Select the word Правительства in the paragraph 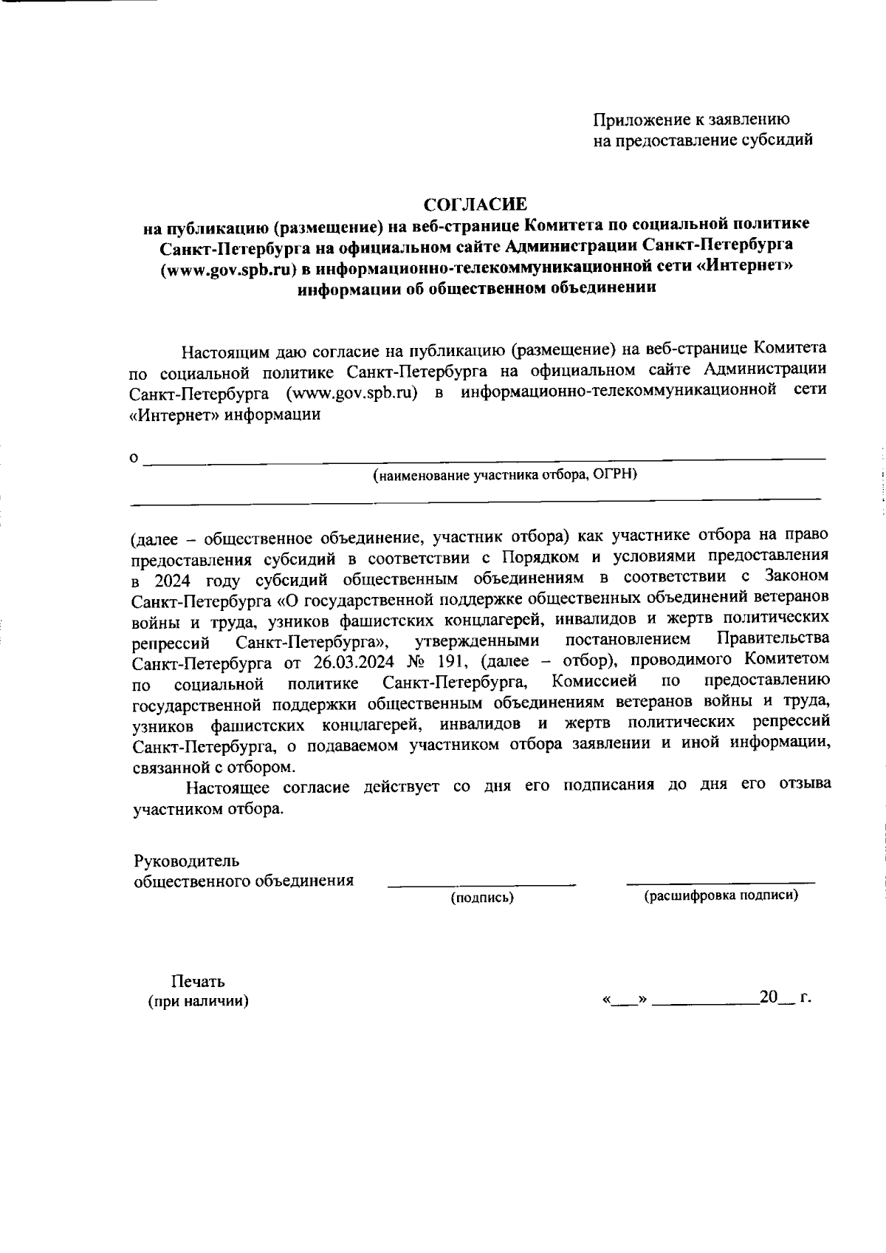(773, 638)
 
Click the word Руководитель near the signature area (186, 861)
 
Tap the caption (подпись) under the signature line (482, 898)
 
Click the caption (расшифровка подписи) (721, 896)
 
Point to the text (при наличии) (198, 1002)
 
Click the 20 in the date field (769, 997)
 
